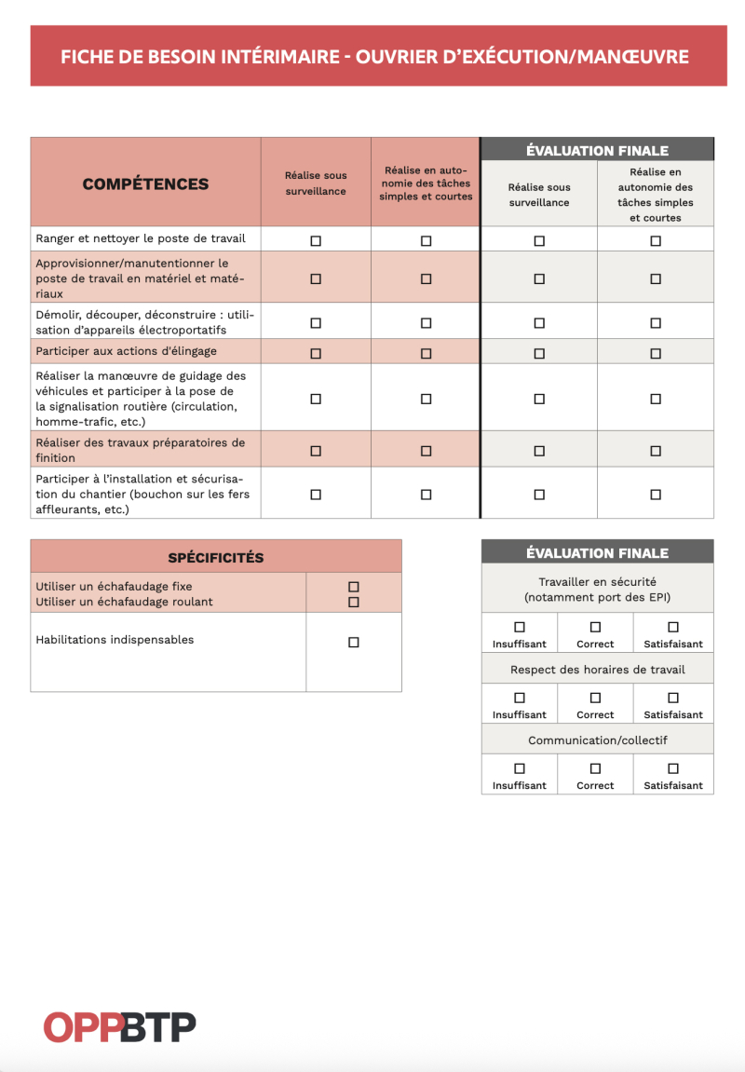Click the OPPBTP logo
(x=119, y=1027)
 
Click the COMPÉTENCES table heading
(x=145, y=183)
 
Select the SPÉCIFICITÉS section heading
(x=216, y=558)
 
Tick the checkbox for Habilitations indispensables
(x=354, y=643)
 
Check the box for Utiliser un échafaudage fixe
(x=354, y=587)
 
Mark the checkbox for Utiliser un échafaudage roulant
(x=354, y=602)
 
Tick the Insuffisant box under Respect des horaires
(x=520, y=698)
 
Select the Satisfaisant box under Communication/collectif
(x=673, y=768)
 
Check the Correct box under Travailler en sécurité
(x=595, y=627)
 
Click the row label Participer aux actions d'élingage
(x=126, y=351)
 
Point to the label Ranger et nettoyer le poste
(x=141, y=238)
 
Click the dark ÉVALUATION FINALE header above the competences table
(x=597, y=150)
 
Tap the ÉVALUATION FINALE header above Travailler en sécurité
(x=597, y=552)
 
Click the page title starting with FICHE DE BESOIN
(x=374, y=57)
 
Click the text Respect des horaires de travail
(x=597, y=670)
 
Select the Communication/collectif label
(x=597, y=740)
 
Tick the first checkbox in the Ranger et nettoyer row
(x=316, y=240)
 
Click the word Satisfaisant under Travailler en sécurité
(x=673, y=645)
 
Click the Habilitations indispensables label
(x=115, y=640)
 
